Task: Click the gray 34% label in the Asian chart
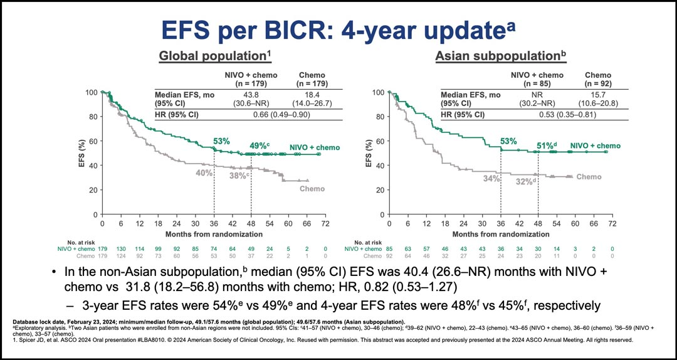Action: (490, 179)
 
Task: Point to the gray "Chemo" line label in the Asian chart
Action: (588, 177)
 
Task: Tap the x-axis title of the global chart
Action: (214, 233)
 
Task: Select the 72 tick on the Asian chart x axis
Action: (612, 223)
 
